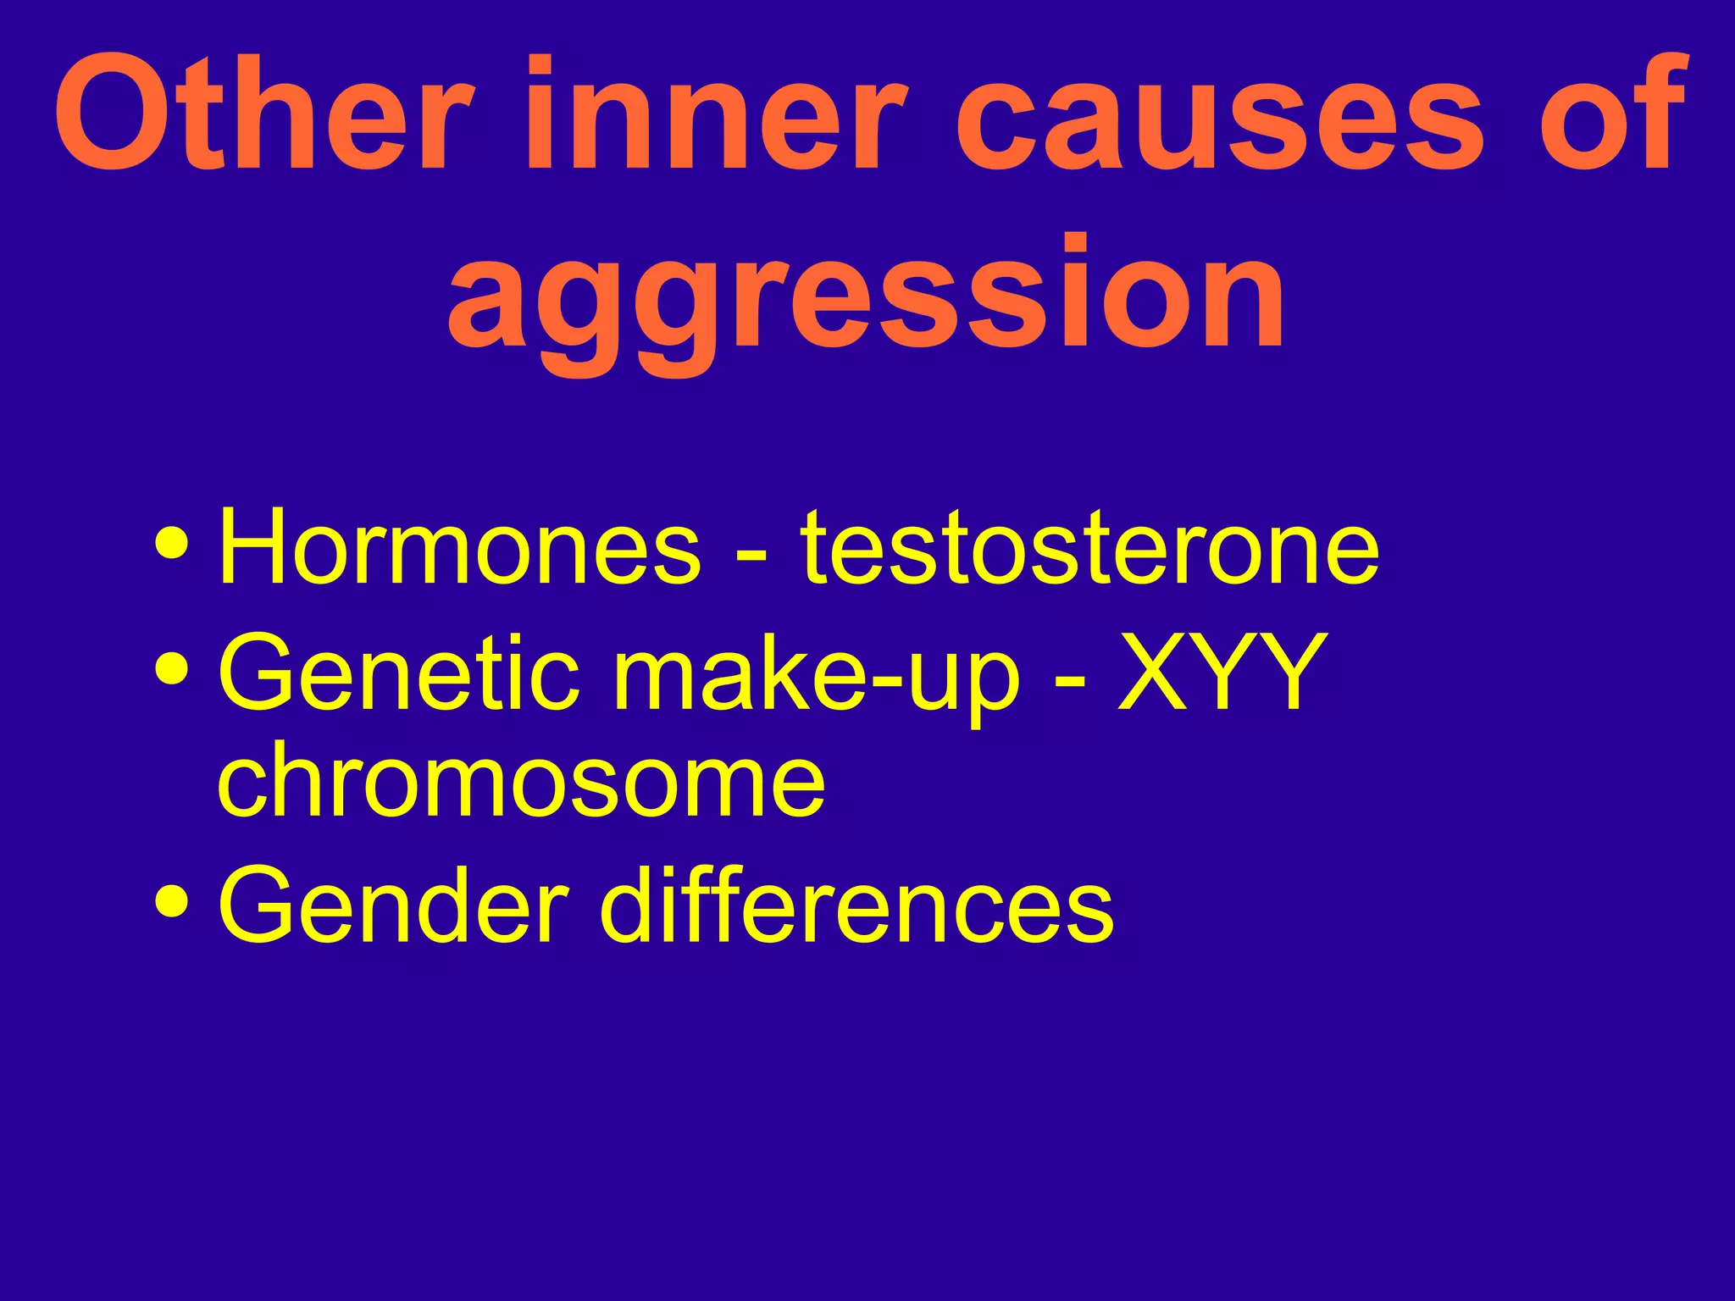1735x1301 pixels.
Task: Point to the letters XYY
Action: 1221,673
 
